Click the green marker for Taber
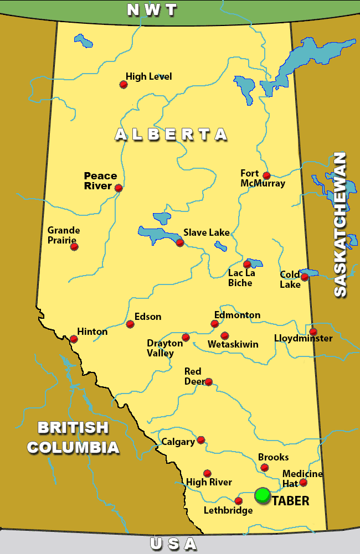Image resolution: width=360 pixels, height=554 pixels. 263,495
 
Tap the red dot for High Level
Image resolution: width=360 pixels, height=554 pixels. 124,85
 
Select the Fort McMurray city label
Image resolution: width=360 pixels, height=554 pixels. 263,178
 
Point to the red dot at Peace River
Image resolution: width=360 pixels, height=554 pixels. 119,188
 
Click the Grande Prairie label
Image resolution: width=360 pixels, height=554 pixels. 64,235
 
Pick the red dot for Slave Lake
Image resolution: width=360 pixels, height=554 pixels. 179,242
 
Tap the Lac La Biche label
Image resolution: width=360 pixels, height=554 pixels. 240,278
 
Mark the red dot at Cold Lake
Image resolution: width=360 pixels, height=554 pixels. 304,277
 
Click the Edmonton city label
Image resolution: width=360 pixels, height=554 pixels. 237,315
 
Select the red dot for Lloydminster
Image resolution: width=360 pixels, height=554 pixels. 313,332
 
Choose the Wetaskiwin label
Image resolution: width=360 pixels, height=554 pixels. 233,344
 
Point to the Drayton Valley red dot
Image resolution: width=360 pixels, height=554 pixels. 186,337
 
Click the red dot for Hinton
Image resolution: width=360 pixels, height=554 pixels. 74,339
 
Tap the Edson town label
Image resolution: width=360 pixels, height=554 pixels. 148,317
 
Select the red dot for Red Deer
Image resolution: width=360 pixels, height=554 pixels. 208,382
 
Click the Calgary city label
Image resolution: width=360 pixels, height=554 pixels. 178,442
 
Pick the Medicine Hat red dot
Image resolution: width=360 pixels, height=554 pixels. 303,483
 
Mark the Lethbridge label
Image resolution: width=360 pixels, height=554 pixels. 228,510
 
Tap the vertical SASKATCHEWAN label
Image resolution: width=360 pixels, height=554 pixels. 340,224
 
